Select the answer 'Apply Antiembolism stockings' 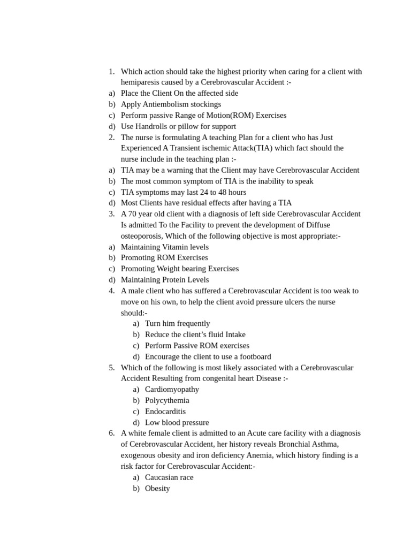point(171,104)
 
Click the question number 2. point(111,138)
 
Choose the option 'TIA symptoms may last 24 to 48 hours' point(184,192)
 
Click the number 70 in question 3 point(133,214)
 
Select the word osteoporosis point(141,236)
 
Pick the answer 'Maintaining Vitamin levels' point(165,247)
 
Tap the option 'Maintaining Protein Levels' point(165,280)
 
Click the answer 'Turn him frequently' point(178,324)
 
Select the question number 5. point(111,368)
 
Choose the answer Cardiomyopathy point(172,390)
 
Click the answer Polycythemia point(167,401)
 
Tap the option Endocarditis point(165,412)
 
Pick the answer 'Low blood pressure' point(177,423)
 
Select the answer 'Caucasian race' point(169,477)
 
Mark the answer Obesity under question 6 point(157,489)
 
